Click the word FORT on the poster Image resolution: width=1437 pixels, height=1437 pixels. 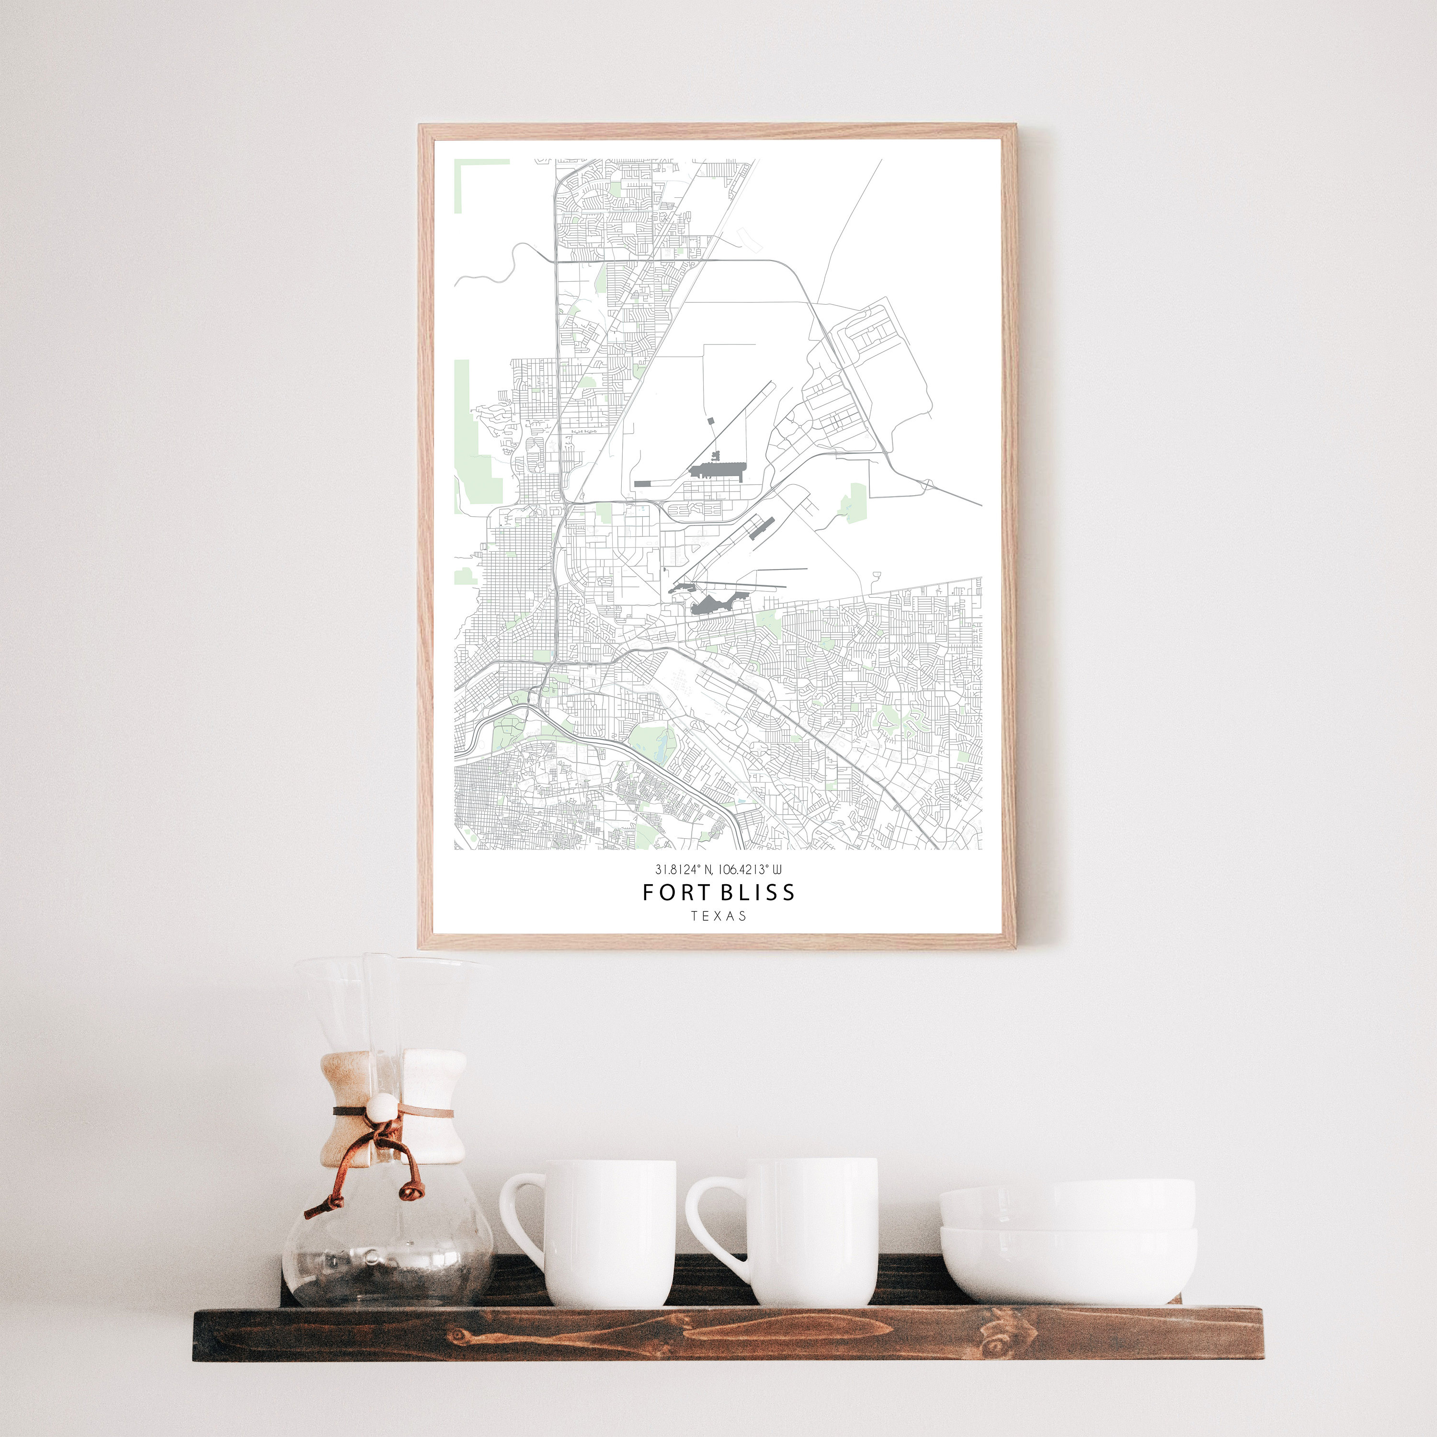(670, 892)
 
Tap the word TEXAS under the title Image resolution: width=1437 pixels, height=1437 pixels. (718, 916)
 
